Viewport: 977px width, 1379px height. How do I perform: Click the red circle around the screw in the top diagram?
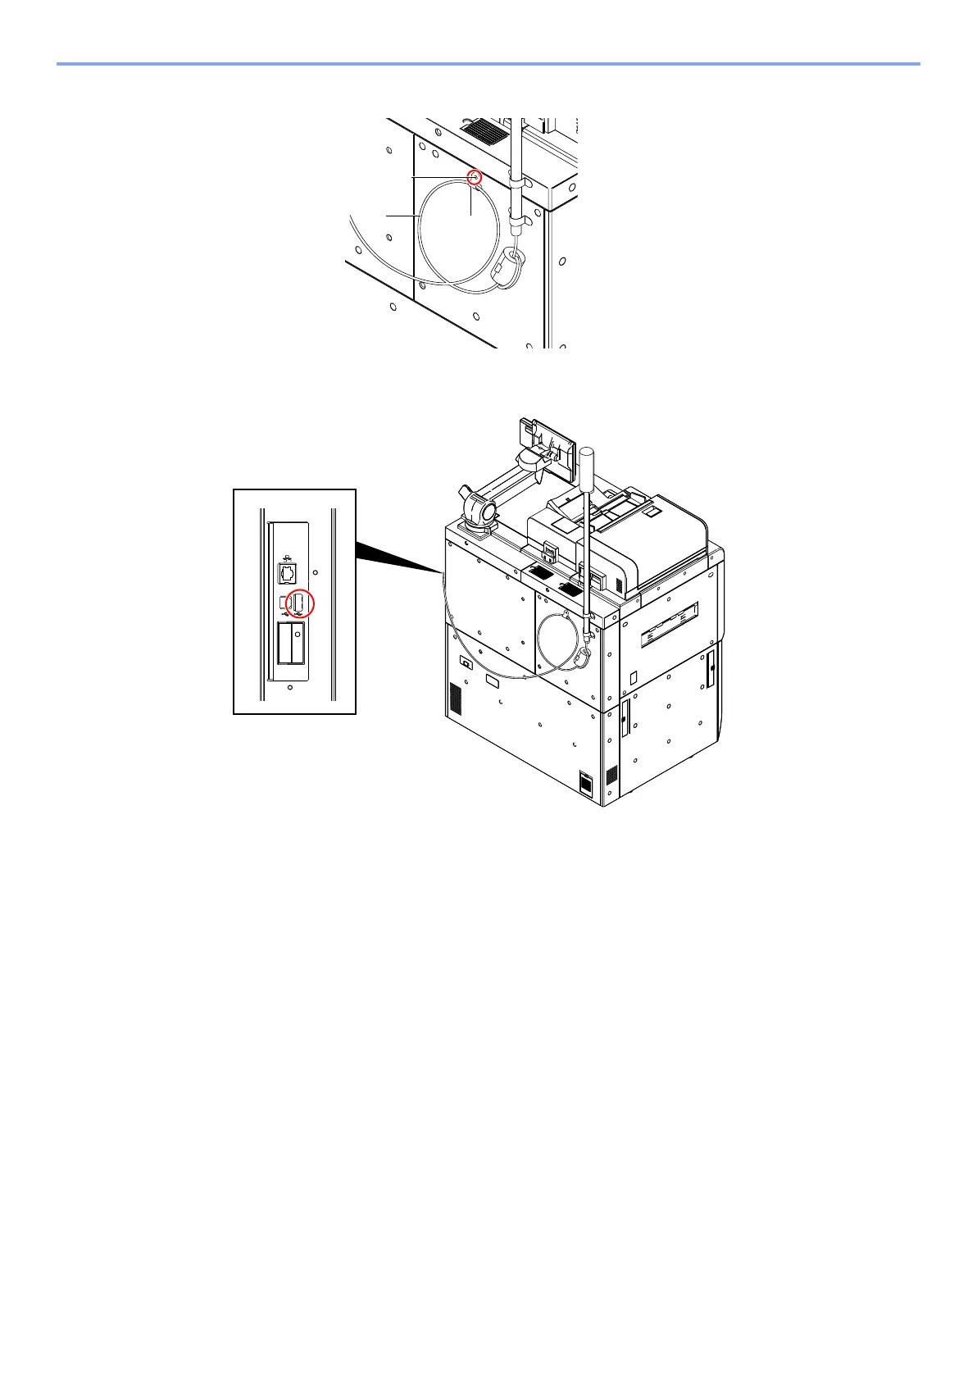tap(474, 176)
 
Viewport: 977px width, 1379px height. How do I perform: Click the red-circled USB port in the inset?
tap(300, 603)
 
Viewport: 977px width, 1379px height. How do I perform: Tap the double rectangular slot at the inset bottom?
tap(291, 642)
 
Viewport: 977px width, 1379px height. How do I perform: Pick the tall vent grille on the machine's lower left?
tap(457, 698)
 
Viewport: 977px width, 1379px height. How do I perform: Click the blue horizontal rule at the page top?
tap(488, 63)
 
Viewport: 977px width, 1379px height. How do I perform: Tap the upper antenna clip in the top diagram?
tap(518, 179)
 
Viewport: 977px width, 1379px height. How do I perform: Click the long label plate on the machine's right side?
tap(669, 624)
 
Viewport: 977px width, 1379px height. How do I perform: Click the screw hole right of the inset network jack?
tap(316, 572)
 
